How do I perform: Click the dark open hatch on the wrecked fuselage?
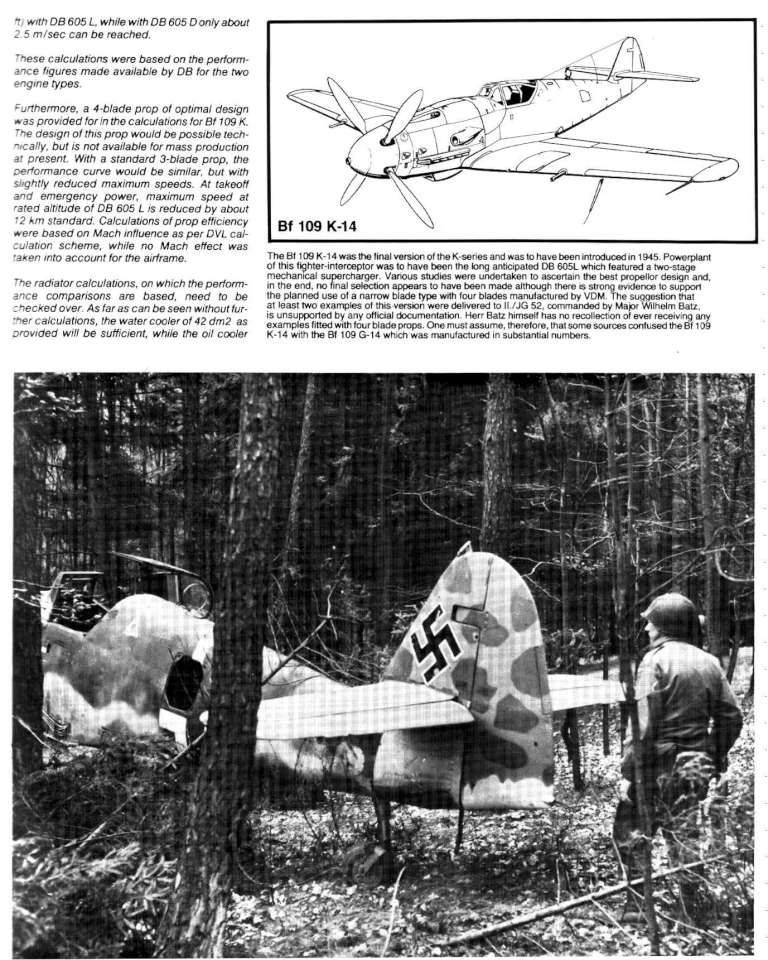[x=182, y=684]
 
